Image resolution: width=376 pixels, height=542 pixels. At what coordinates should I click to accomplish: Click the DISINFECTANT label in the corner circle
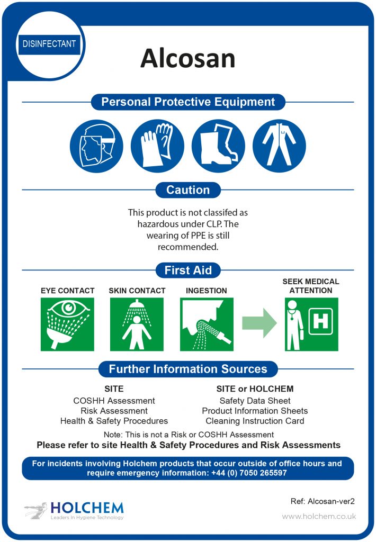(x=49, y=44)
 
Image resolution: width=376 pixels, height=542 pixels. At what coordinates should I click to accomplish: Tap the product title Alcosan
(x=188, y=58)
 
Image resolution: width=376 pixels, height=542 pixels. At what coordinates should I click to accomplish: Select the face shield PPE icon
(x=96, y=146)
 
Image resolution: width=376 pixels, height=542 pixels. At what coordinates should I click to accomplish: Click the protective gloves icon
(x=157, y=146)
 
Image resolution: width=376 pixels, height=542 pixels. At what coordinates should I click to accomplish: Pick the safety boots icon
(x=218, y=146)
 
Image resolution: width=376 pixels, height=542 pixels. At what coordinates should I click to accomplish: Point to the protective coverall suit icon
(x=279, y=146)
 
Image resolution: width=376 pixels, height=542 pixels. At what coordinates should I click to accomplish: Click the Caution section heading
(x=188, y=190)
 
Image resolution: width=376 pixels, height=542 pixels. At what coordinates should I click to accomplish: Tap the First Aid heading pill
(x=188, y=270)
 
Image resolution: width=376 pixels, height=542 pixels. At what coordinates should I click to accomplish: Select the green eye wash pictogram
(x=67, y=324)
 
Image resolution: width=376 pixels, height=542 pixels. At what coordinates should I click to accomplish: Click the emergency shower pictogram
(x=137, y=324)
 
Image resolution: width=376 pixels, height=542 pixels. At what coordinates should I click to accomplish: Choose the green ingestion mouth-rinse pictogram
(x=207, y=324)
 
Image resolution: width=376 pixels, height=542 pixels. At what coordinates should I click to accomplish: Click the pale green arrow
(x=259, y=323)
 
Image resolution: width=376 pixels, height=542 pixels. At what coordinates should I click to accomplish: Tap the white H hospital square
(x=320, y=321)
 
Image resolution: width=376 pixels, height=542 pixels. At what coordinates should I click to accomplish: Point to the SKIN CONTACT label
(x=137, y=291)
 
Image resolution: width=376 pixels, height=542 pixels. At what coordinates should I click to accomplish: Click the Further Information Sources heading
(x=188, y=369)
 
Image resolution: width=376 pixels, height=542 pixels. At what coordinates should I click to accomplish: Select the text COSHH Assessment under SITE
(x=114, y=401)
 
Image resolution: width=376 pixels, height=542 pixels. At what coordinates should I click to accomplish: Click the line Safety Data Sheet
(x=255, y=401)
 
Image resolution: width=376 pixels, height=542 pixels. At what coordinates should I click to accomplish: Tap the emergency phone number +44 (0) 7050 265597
(x=249, y=473)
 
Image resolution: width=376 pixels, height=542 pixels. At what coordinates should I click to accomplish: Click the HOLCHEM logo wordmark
(x=87, y=508)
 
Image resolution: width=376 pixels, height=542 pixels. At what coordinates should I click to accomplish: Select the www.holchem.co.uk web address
(x=319, y=517)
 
